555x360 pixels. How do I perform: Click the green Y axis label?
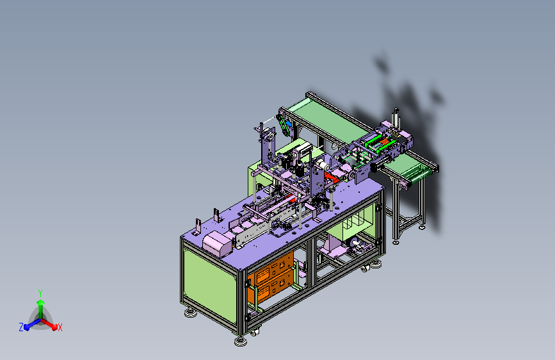[40, 293]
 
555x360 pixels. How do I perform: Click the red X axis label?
[60, 327]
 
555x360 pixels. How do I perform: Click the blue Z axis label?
[21, 327]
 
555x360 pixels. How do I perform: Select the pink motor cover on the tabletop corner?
[218, 243]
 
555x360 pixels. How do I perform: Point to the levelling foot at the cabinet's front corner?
[241, 341]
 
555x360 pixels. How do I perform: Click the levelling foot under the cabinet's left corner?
[191, 313]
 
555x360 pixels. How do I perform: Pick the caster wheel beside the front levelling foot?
[254, 332]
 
